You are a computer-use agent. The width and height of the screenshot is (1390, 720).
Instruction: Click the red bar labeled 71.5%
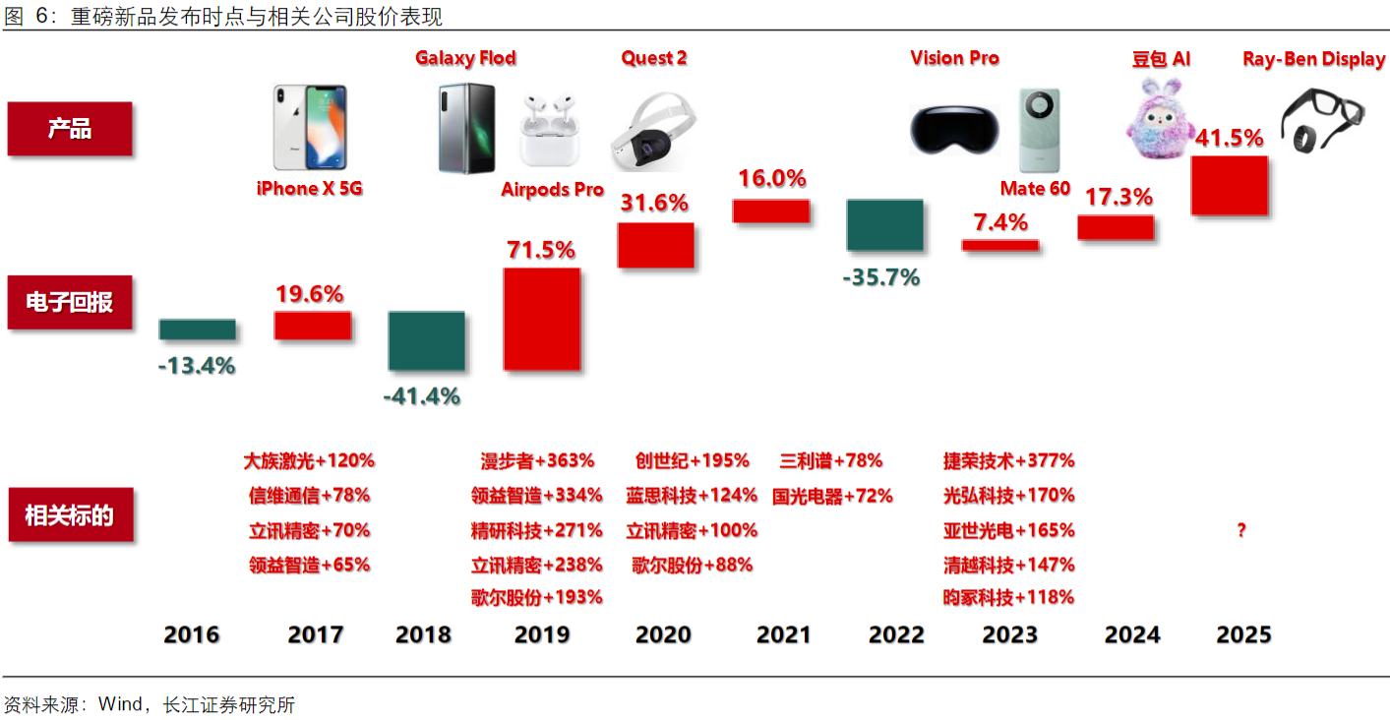point(541,319)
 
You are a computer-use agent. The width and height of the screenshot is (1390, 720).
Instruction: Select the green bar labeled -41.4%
point(426,341)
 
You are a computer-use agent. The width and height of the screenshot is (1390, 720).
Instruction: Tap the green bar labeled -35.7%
point(884,225)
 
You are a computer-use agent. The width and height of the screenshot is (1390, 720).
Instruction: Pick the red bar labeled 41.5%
point(1229,185)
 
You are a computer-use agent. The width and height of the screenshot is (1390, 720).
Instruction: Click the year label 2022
point(896,635)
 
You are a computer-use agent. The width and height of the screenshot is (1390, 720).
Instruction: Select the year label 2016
point(192,635)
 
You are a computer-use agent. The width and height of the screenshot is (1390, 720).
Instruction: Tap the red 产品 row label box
point(70,129)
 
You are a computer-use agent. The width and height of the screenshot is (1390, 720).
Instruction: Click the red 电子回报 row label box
point(70,302)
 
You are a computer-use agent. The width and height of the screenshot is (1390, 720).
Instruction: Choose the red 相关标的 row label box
point(70,514)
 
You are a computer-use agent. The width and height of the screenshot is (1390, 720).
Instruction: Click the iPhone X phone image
point(309,128)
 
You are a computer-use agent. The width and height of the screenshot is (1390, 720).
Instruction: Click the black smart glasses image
point(1324,119)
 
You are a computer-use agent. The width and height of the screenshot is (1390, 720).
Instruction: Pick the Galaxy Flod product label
point(465,58)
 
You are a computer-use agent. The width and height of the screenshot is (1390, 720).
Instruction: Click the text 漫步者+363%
point(537,460)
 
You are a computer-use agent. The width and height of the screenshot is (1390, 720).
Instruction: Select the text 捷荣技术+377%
point(1008,460)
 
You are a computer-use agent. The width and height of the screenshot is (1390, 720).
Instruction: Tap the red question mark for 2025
point(1241,531)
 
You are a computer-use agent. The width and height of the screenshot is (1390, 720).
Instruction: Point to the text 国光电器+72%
point(832,496)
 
